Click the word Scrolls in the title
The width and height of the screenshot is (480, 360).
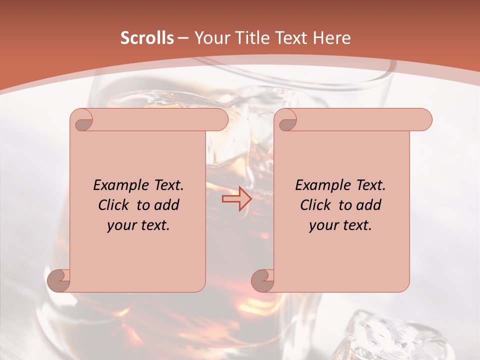(147, 38)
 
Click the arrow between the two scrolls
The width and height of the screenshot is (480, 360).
(237, 198)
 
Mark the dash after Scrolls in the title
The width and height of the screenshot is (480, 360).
(183, 38)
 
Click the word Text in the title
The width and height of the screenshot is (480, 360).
(291, 38)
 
